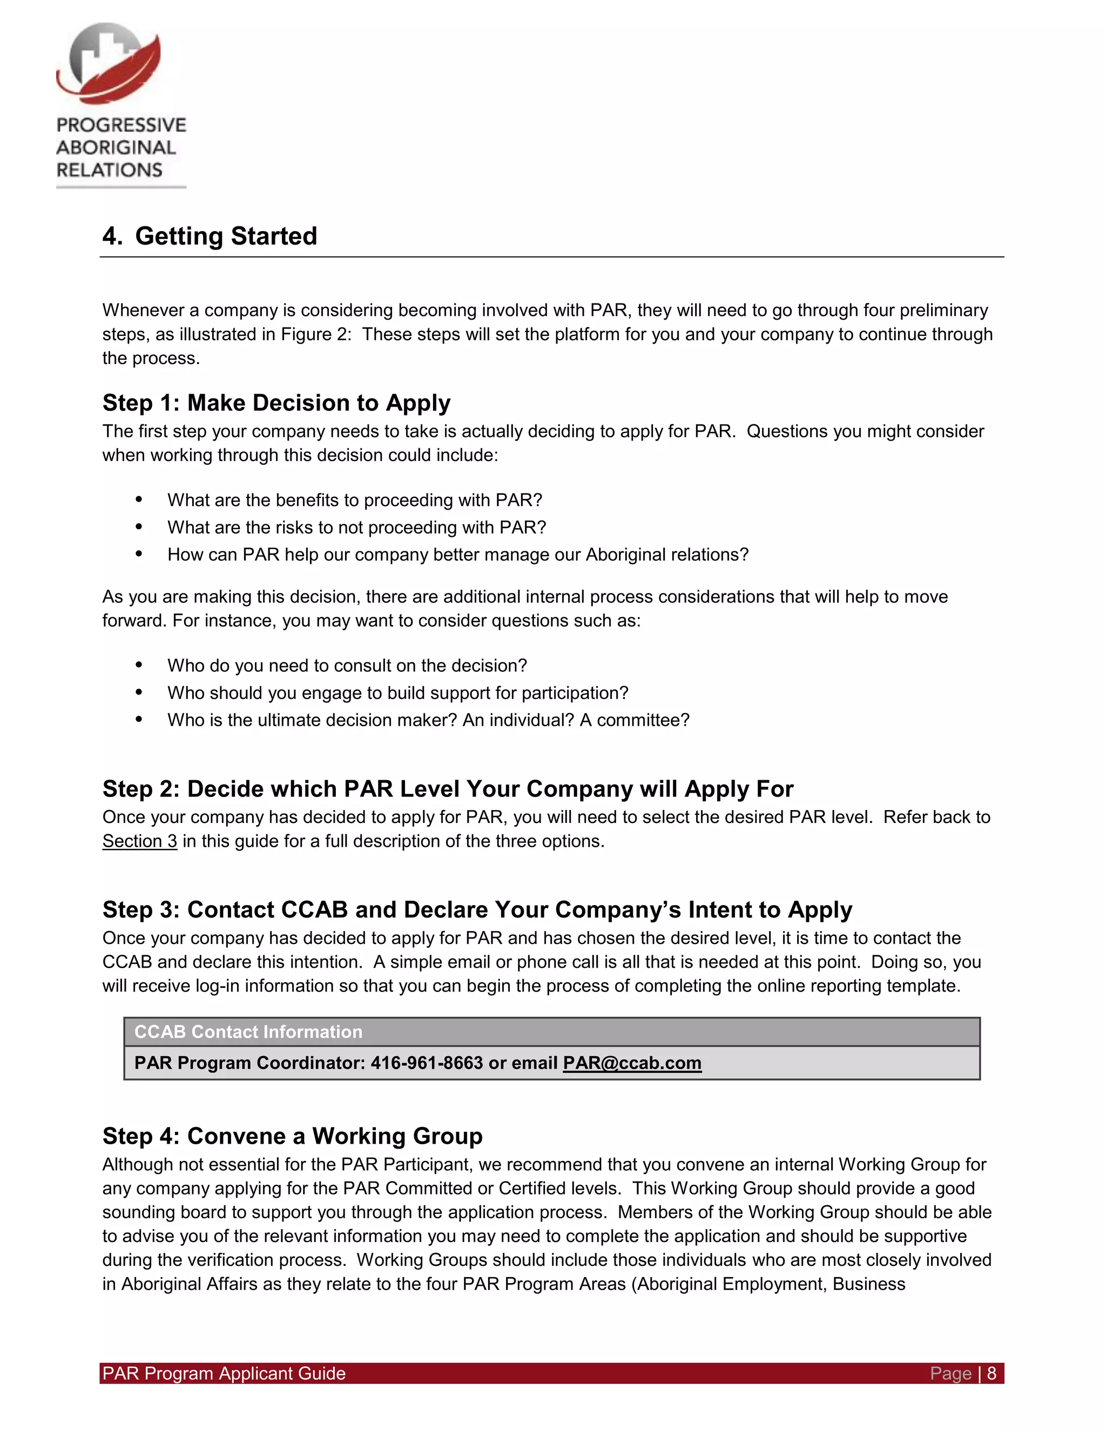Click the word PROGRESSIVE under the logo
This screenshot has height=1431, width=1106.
point(121,125)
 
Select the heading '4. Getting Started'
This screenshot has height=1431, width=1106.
point(210,236)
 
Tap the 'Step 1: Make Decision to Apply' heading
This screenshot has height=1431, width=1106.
point(276,402)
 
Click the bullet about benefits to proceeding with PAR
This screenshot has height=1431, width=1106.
point(354,500)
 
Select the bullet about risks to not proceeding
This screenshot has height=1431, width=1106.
point(356,528)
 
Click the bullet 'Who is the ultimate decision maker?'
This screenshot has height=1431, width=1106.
point(428,720)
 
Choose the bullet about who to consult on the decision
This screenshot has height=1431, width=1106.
point(347,666)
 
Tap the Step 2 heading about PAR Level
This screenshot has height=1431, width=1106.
point(448,789)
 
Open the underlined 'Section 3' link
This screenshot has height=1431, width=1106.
point(139,841)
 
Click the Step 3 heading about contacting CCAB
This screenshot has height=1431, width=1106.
point(477,909)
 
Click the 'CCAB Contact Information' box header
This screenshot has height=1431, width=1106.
point(248,1032)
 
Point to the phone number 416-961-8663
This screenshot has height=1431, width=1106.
point(427,1063)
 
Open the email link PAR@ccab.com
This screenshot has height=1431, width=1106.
point(632,1063)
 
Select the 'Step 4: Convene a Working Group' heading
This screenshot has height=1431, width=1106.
point(292,1136)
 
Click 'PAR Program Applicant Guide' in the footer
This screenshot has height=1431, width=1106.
point(224,1373)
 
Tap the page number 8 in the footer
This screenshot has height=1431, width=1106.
point(992,1373)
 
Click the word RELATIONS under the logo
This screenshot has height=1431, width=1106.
point(110,170)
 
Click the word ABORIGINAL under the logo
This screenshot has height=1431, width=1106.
point(116,148)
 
